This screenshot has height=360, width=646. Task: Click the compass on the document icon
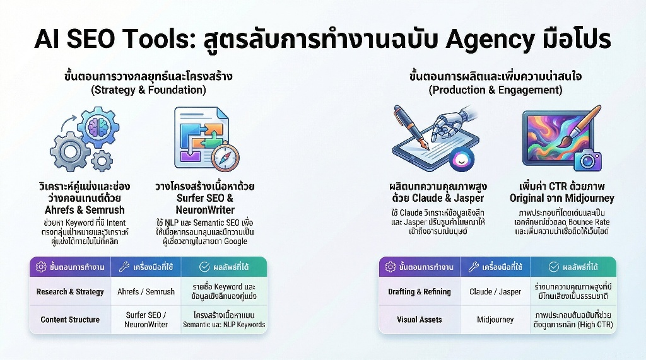coord(225,158)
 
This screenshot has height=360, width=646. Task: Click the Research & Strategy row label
coord(70,292)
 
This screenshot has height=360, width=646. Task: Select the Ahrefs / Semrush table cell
coord(146,292)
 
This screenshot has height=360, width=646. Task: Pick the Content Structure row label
coord(70,320)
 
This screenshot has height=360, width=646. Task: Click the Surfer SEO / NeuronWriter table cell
coord(146,320)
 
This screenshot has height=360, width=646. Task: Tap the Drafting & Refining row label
coord(419,292)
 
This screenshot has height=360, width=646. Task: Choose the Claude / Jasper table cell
coord(495,292)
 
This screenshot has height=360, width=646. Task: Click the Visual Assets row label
coord(419,320)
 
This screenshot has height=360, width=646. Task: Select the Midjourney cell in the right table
coord(495,320)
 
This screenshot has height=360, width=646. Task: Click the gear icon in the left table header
coord(41,267)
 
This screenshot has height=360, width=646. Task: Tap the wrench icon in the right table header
coord(473,267)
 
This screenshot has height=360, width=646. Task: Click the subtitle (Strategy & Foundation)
coord(148,90)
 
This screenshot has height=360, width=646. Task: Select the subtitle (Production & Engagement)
coord(495,90)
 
